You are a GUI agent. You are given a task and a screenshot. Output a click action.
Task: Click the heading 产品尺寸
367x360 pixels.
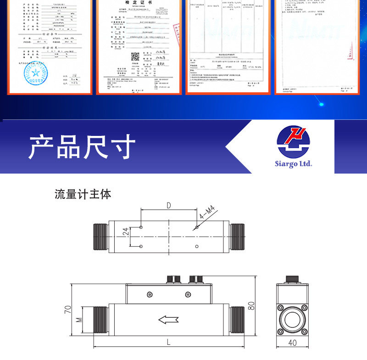(x=82, y=147)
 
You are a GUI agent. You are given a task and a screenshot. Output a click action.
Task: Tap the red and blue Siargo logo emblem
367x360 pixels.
(x=294, y=142)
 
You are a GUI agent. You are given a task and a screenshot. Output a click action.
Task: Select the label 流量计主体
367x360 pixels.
(x=83, y=194)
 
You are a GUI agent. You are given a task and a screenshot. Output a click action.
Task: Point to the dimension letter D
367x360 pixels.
(x=169, y=205)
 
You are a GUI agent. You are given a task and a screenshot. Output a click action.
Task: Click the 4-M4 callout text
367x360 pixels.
(x=207, y=213)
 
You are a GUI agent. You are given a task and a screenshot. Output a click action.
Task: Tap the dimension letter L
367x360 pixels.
(x=168, y=342)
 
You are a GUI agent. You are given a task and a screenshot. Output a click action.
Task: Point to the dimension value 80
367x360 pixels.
(x=251, y=305)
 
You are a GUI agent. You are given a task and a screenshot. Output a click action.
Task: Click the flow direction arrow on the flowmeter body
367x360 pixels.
(x=168, y=319)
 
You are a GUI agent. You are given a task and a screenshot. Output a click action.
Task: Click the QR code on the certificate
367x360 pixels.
(x=135, y=57)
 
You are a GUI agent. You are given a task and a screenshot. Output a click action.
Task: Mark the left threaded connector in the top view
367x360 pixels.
(x=101, y=236)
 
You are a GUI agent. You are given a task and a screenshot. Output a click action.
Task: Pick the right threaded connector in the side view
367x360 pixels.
(x=237, y=320)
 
